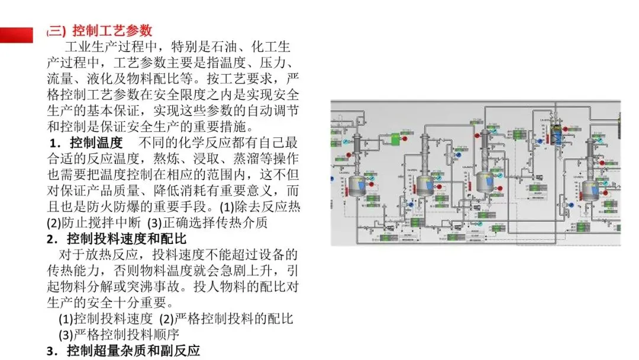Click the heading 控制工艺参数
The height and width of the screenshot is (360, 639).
click(x=112, y=30)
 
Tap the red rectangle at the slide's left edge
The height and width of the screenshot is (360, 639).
click(x=17, y=35)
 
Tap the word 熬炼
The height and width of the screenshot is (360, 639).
click(x=170, y=159)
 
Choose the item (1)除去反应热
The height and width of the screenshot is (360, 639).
click(x=260, y=207)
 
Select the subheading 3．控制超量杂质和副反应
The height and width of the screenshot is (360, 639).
click(x=124, y=351)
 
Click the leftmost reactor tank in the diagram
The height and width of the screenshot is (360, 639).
click(x=357, y=186)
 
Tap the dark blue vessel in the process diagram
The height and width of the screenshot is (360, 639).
click(x=556, y=135)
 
